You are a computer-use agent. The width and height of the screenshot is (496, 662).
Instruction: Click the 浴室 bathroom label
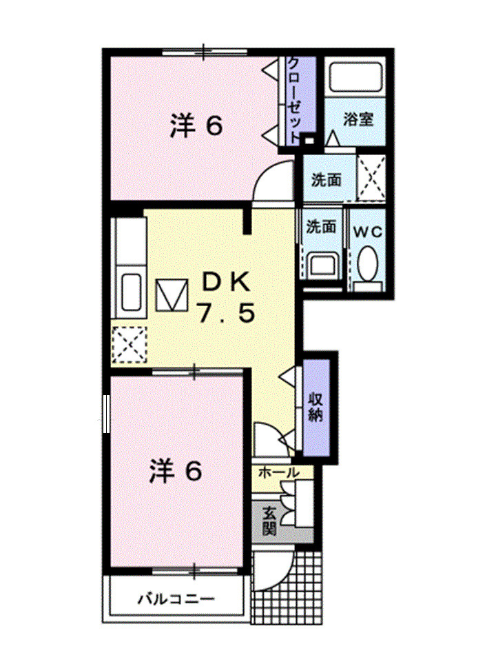coord(359,119)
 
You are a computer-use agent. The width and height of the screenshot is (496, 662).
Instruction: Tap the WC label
coord(369,232)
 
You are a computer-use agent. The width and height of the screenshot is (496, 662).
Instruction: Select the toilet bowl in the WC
coord(369,265)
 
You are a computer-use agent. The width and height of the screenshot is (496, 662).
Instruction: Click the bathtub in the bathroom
coord(355,78)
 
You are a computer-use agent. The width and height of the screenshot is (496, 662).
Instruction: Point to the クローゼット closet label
coord(293,99)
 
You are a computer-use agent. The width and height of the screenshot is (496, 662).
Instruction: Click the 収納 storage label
coord(316,407)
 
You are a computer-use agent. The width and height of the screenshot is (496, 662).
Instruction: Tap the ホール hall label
coord(279,473)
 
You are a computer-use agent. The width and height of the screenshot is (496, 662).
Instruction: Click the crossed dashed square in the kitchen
coord(130,343)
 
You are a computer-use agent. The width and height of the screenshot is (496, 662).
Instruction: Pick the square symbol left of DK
coord(171,296)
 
